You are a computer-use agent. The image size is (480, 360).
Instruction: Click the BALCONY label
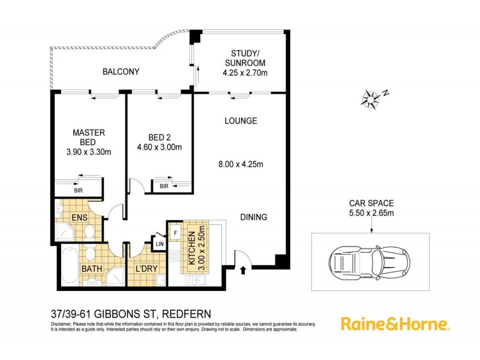click(121, 71)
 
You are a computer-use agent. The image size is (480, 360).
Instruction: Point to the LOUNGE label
click(241, 121)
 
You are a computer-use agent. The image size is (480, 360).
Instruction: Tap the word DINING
click(254, 217)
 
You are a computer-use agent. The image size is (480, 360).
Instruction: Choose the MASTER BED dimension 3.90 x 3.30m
click(89, 152)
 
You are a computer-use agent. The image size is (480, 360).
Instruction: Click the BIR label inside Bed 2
click(164, 187)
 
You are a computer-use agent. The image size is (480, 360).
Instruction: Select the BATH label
click(92, 268)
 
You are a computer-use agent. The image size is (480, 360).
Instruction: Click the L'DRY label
click(146, 268)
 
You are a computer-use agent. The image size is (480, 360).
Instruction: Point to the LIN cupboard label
click(159, 245)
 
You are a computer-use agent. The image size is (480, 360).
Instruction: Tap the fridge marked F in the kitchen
click(175, 230)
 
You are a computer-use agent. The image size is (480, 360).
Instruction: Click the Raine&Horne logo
click(395, 325)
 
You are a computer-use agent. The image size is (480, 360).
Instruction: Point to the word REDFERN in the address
click(180, 313)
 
